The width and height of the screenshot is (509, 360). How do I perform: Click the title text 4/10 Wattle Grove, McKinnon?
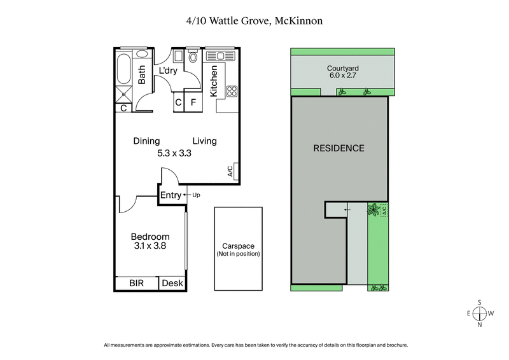coord(254,22)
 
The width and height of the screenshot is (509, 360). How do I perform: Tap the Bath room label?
coord(143,76)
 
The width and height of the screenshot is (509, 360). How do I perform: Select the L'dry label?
coord(168,71)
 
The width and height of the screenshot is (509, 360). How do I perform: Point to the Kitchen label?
coord(214,81)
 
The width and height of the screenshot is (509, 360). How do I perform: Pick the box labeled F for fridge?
coord(193,102)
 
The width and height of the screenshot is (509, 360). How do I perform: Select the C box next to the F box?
coord(178,102)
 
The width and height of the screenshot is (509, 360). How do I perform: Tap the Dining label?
coord(146,141)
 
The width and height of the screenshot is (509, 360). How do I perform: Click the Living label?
coord(205,141)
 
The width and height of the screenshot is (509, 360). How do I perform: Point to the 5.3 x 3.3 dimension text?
coord(175,153)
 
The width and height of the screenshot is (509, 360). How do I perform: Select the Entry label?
coord(171,195)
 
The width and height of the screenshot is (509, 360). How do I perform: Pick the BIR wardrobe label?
coord(136,284)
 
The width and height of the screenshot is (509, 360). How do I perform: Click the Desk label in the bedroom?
coord(171,284)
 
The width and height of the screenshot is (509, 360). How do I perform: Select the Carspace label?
coord(239,246)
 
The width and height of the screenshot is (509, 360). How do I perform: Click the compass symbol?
coord(480,313)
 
